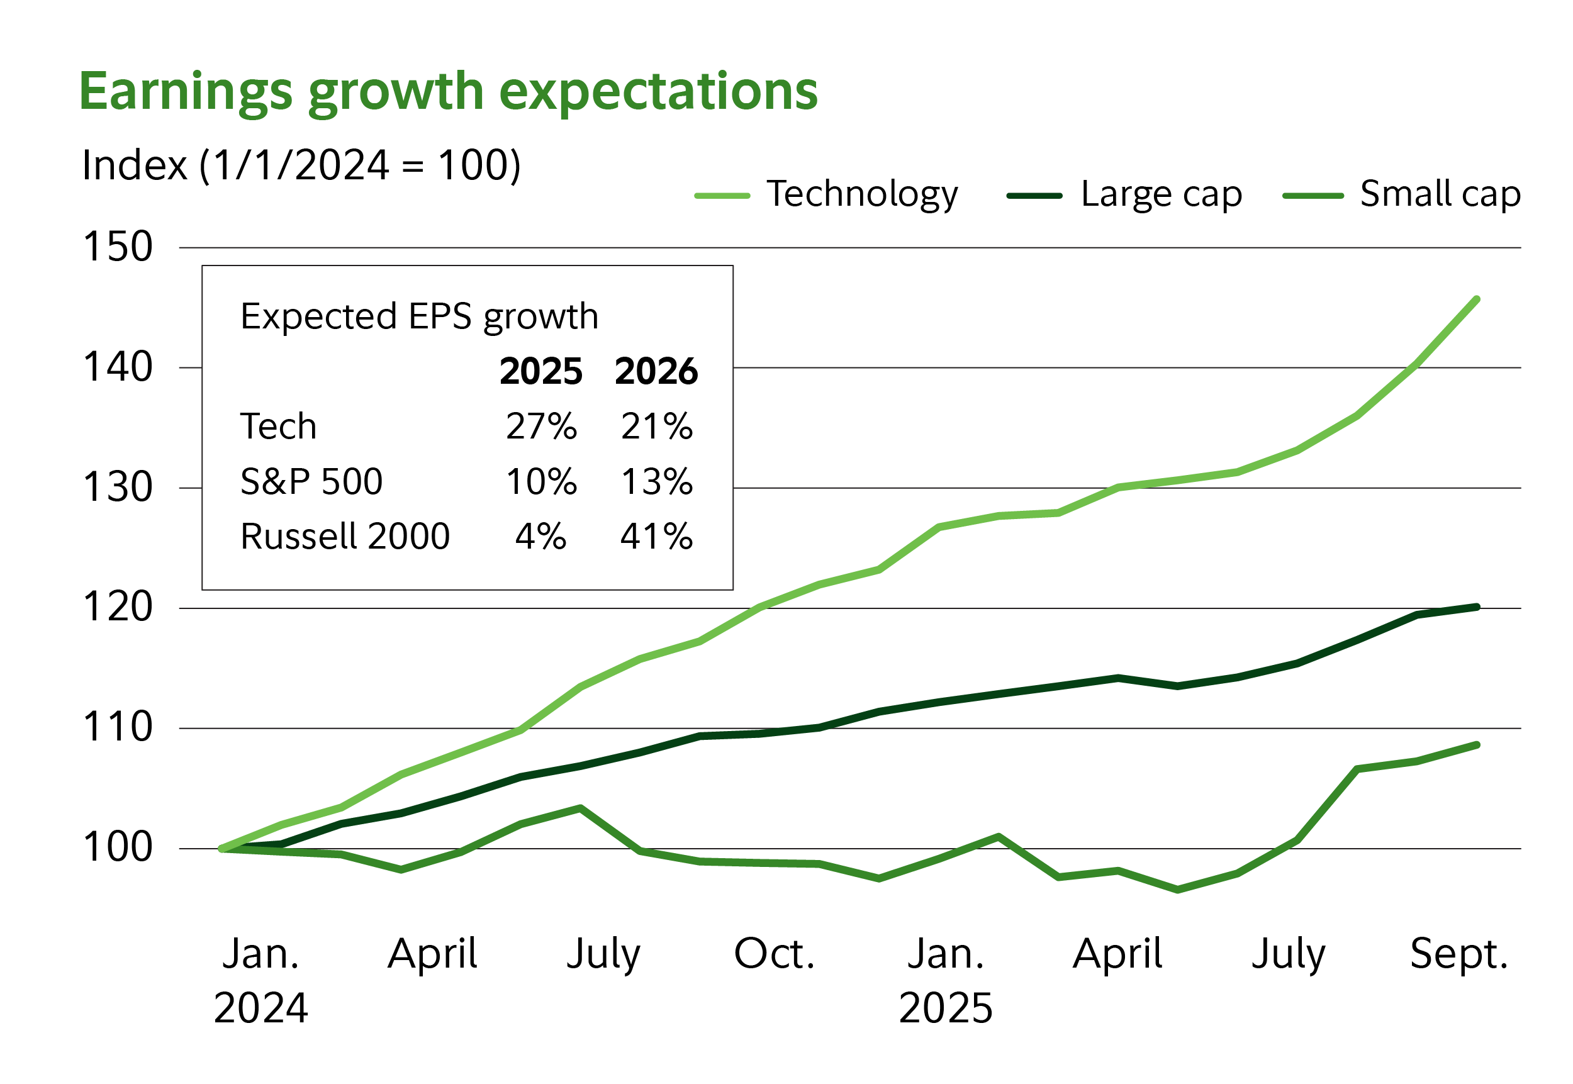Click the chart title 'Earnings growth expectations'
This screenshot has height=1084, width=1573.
tap(447, 92)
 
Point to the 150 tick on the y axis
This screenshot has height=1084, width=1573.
tap(118, 247)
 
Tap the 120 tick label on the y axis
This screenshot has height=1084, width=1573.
tap(118, 606)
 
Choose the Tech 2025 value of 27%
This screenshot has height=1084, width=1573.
tap(540, 427)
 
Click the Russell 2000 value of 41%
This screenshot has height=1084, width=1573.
tap(656, 537)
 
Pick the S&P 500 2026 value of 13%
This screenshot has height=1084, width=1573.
tap(656, 481)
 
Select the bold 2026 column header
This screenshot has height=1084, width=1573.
tap(656, 372)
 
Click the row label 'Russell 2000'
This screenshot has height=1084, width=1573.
tap(345, 537)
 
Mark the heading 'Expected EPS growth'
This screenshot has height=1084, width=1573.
tap(419, 316)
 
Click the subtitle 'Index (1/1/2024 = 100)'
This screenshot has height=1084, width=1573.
tap(301, 165)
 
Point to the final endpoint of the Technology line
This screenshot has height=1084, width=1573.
tap(1477, 299)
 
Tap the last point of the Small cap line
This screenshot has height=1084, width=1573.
tap(1477, 745)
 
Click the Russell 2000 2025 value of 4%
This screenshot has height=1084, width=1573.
tap(540, 537)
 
